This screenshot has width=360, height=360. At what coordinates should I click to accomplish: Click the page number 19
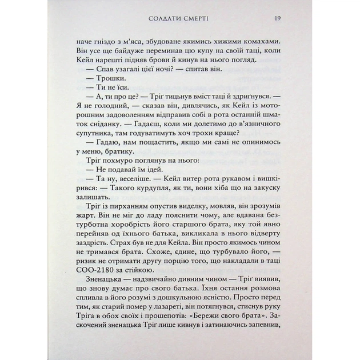276,18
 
